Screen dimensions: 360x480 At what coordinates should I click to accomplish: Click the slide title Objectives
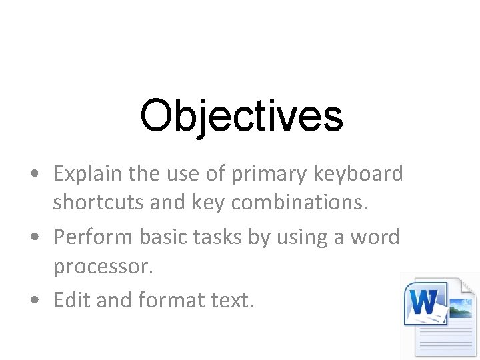coord(241,115)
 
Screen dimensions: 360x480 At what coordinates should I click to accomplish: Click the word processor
coord(103,268)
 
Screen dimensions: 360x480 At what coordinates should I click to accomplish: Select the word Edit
coord(72,301)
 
